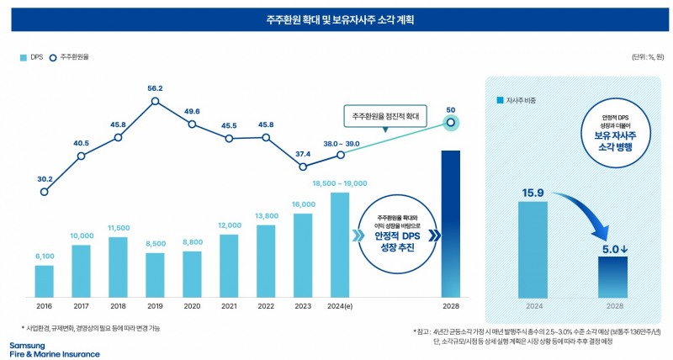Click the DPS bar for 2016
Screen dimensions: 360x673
click(x=44, y=281)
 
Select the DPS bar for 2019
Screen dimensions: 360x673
click(x=155, y=274)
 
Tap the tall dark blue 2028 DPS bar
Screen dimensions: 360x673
click(x=451, y=223)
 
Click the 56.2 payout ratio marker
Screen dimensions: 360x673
click(x=155, y=102)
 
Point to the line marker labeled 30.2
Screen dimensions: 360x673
click(x=44, y=192)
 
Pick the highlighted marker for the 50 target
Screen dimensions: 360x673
click(x=451, y=123)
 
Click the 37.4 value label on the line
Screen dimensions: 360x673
click(x=302, y=154)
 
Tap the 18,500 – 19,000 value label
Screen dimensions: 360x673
click(x=339, y=183)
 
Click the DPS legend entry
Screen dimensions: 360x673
click(x=31, y=58)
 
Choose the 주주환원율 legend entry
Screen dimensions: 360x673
click(x=71, y=58)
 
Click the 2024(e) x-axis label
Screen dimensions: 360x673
click(x=339, y=307)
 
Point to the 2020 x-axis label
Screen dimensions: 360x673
click(x=192, y=307)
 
